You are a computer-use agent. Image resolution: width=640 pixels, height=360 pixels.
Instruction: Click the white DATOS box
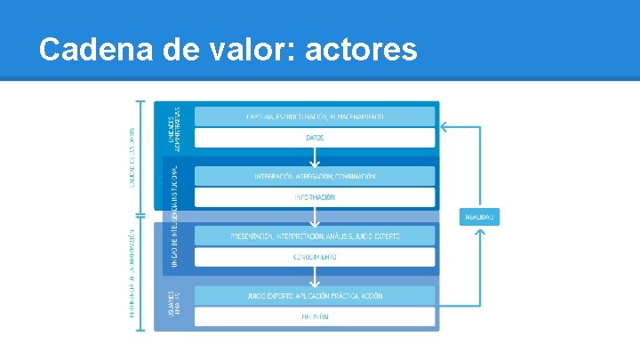pyautogui.click(x=315, y=138)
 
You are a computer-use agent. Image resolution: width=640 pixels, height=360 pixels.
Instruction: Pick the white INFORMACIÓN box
pyautogui.click(x=315, y=197)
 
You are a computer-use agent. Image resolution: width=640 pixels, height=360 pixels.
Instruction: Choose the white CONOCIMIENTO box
pyautogui.click(x=315, y=257)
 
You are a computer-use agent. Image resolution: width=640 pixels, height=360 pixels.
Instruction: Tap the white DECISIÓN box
pyautogui.click(x=315, y=316)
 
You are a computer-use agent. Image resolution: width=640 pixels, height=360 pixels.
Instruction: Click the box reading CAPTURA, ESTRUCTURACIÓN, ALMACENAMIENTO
pyautogui.click(x=315, y=116)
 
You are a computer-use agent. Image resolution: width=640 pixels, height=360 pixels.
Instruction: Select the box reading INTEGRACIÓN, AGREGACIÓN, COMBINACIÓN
pyautogui.click(x=315, y=176)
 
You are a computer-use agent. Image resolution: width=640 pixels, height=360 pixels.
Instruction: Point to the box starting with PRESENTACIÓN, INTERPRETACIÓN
pyautogui.click(x=315, y=236)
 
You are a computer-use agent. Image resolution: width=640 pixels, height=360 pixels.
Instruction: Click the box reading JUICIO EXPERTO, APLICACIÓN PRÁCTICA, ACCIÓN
pyautogui.click(x=315, y=295)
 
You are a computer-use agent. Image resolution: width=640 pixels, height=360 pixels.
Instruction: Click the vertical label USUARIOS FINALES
pyautogui.click(x=174, y=307)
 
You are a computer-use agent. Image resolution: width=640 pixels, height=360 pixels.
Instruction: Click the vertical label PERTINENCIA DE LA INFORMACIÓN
pyautogui.click(x=132, y=271)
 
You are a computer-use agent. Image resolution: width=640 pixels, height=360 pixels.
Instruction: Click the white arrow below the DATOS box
pyautogui.click(x=315, y=158)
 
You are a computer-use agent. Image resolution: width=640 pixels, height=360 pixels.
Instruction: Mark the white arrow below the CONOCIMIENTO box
pyautogui.click(x=315, y=277)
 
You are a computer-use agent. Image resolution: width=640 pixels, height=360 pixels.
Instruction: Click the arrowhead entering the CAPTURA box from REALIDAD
pyautogui.click(x=442, y=127)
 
